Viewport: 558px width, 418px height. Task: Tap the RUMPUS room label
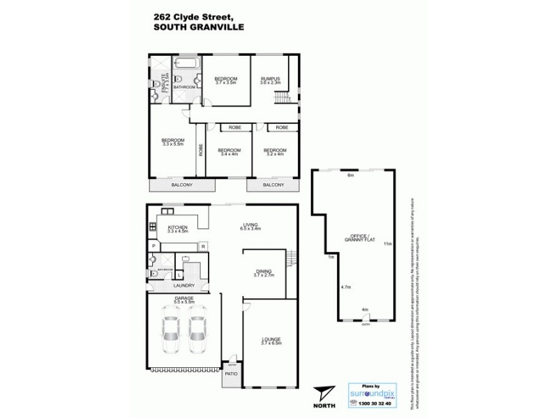270,80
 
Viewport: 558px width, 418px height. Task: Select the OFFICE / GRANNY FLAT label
355,239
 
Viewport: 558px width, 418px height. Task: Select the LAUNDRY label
183,286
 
